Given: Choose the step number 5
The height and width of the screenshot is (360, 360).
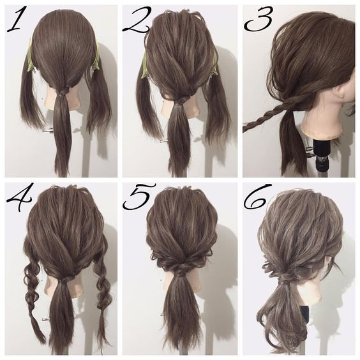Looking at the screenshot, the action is [x=139, y=197].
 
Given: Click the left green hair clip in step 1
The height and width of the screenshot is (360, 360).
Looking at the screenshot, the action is [x=30, y=56].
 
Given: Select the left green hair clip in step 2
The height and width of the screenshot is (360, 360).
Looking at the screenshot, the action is [x=146, y=66].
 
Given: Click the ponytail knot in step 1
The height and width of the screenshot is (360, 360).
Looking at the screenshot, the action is [x=64, y=91].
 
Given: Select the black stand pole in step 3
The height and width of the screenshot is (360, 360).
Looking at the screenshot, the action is [x=322, y=158].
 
